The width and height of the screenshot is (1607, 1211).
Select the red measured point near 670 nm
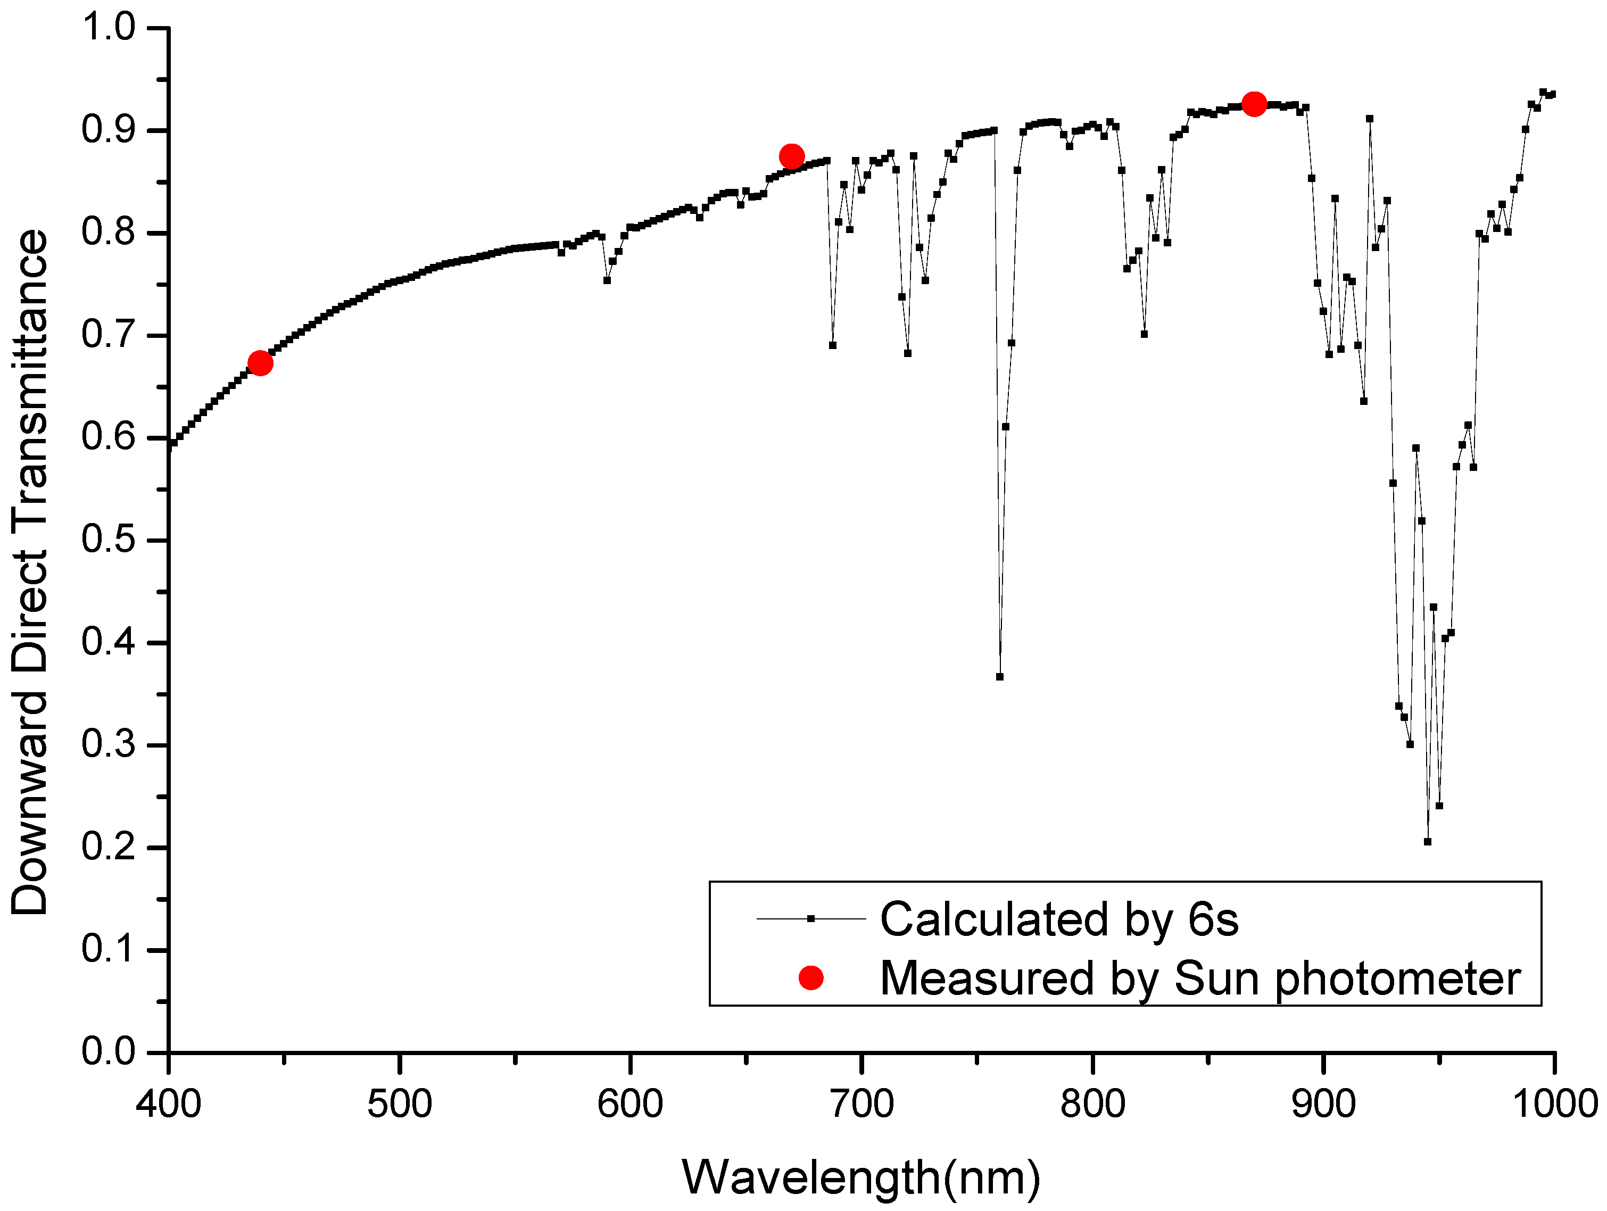click(x=791, y=156)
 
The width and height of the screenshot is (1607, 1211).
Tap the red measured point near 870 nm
click(x=1254, y=104)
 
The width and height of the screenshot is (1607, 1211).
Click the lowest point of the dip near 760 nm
click(x=1000, y=676)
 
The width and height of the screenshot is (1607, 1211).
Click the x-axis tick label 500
click(x=400, y=1104)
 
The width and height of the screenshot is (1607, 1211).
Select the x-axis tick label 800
click(x=1092, y=1104)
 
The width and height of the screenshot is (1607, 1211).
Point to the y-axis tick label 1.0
click(x=109, y=28)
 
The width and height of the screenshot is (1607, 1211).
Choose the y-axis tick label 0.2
click(x=109, y=847)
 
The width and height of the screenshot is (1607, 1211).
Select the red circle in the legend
click(x=811, y=978)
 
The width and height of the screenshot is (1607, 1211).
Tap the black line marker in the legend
click(x=811, y=919)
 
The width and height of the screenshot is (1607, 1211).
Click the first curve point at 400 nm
click(x=169, y=445)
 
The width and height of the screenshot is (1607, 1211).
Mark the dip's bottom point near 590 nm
click(x=607, y=280)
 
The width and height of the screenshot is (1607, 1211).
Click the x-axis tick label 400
click(x=169, y=1104)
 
